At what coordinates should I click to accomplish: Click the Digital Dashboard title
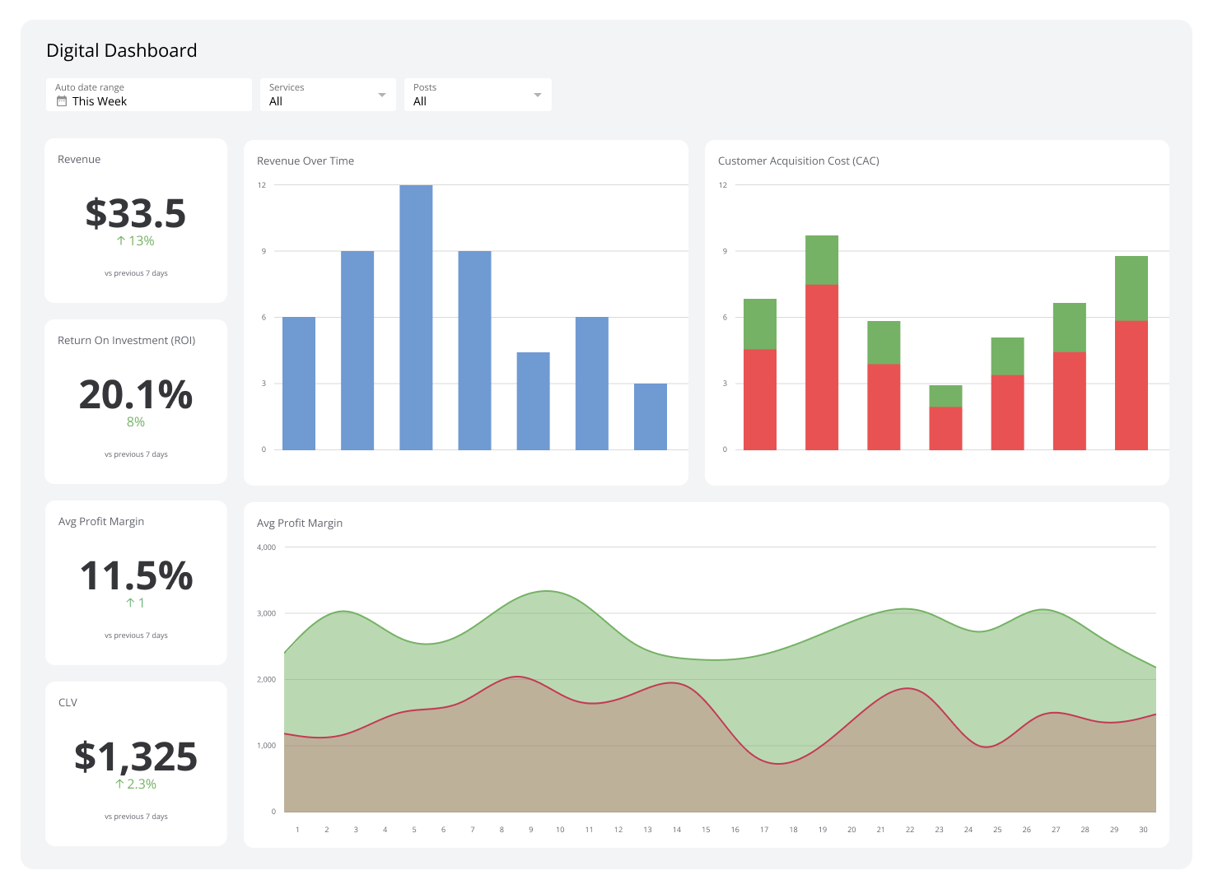pos(121,51)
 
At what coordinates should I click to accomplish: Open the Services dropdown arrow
pos(381,95)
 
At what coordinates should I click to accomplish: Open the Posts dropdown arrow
pos(538,95)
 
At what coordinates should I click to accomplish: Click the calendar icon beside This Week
pos(62,101)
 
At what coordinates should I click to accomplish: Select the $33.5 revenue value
pos(136,213)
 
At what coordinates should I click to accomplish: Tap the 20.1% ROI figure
pos(136,394)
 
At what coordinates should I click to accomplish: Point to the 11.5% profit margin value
pos(136,575)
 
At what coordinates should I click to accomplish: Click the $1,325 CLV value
pos(136,756)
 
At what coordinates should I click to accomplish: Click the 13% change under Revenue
pos(136,241)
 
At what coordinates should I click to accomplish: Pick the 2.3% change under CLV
pos(136,784)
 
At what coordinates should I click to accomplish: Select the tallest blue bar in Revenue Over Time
pos(416,317)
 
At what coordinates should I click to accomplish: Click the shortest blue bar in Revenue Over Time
pos(651,417)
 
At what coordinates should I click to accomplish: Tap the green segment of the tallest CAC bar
pos(822,260)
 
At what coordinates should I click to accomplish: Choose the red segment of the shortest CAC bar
pos(945,428)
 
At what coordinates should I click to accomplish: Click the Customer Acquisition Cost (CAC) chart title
pos(798,161)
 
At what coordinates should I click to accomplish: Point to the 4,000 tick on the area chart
pos(266,547)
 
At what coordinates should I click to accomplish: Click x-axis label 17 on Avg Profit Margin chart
pos(764,830)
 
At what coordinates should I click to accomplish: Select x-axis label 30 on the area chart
pos(1143,830)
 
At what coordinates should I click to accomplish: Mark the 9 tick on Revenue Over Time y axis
pos(264,251)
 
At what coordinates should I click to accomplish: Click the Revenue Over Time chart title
pos(306,161)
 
